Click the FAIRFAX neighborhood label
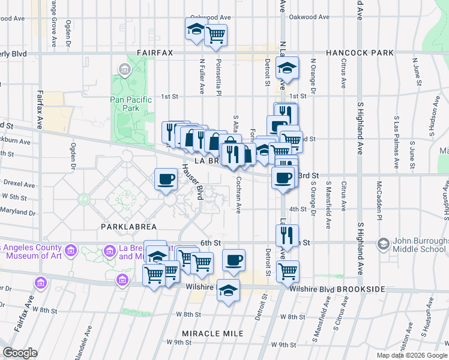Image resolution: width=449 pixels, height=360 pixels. (154, 53)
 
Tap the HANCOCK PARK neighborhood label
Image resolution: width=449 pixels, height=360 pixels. (360, 53)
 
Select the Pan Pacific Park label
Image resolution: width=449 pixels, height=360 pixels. (125, 104)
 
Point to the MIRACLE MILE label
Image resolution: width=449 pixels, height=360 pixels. (213, 333)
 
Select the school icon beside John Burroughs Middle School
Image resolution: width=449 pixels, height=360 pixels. (383, 244)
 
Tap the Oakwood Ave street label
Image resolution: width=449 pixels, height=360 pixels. (211, 17)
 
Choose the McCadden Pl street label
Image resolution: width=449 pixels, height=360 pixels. (379, 198)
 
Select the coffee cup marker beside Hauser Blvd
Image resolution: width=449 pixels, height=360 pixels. (166, 178)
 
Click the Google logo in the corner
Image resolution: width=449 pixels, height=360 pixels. (20, 353)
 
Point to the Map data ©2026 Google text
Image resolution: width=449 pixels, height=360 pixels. (412, 355)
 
